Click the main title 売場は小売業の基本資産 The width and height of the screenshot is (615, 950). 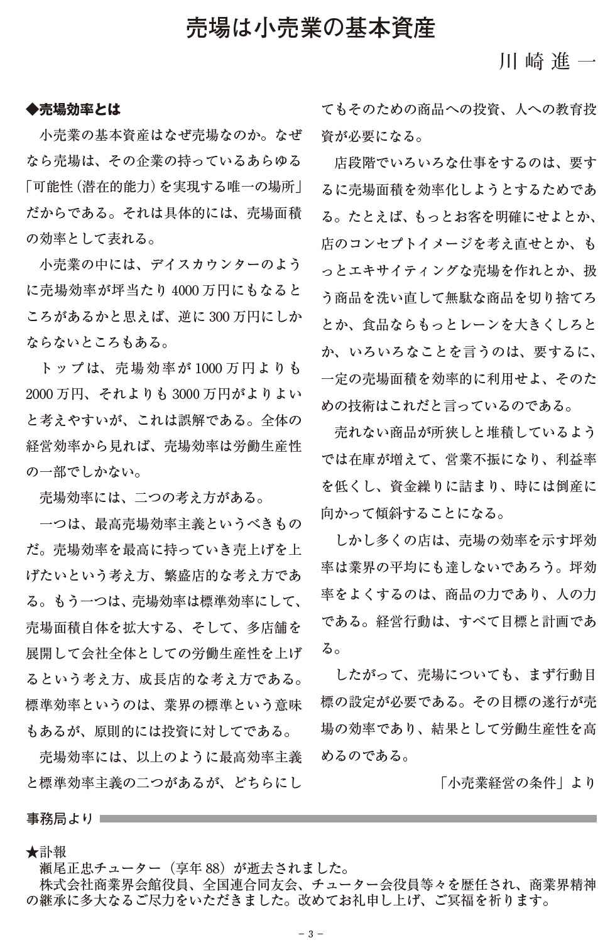click(x=310, y=29)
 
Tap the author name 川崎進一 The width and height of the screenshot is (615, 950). click(x=545, y=63)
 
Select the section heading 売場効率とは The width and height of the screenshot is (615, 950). click(x=80, y=109)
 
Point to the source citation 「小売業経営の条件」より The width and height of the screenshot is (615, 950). click(x=518, y=782)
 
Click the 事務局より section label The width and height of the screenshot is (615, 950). click(x=59, y=819)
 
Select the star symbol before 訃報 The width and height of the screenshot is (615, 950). click(x=32, y=853)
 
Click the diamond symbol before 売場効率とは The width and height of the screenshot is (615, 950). click(x=32, y=109)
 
